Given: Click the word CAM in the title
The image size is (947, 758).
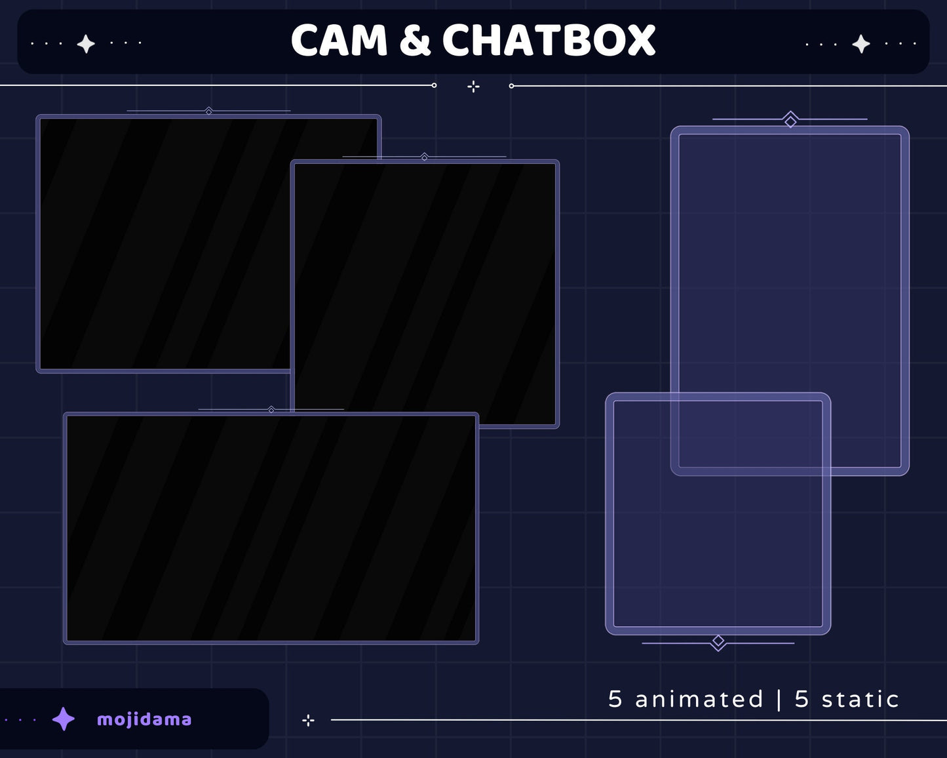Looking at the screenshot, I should click(x=339, y=41).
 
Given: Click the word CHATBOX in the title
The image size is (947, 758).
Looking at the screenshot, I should click(x=549, y=41).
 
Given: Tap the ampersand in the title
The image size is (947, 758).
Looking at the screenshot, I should click(x=415, y=41).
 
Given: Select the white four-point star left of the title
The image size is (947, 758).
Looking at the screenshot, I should click(x=86, y=44).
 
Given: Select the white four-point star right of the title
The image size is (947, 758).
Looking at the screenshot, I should click(x=860, y=44).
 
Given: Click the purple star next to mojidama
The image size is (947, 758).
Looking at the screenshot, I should click(x=64, y=719).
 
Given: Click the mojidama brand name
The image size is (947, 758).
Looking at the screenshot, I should click(x=144, y=719).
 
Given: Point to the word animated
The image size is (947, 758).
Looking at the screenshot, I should click(x=699, y=699).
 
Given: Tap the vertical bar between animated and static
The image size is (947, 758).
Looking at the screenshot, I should click(x=779, y=699).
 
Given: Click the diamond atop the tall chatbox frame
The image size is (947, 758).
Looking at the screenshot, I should click(x=790, y=121).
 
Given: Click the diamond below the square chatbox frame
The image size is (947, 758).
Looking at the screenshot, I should click(x=718, y=641).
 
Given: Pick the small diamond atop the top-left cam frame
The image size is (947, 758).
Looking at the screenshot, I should click(x=208, y=111).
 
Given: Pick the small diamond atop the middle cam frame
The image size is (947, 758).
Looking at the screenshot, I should click(x=425, y=157).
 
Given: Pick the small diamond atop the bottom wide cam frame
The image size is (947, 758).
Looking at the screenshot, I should click(x=271, y=410).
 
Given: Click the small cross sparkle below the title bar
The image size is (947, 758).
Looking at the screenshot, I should click(x=473, y=87).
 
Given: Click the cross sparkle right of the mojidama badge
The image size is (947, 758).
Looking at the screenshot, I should click(x=308, y=721).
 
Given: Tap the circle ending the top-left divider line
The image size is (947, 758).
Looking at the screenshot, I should click(x=434, y=85).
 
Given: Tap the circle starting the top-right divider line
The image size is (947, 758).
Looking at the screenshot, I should click(x=511, y=86).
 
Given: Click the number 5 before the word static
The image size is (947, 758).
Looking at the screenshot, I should click(x=802, y=699).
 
